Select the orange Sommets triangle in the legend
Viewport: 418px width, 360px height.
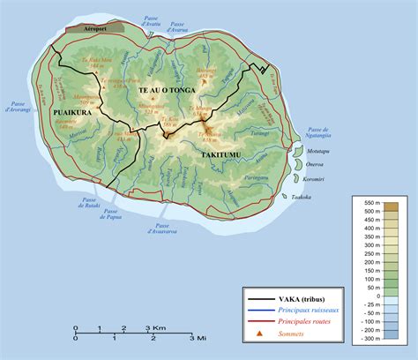260,334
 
